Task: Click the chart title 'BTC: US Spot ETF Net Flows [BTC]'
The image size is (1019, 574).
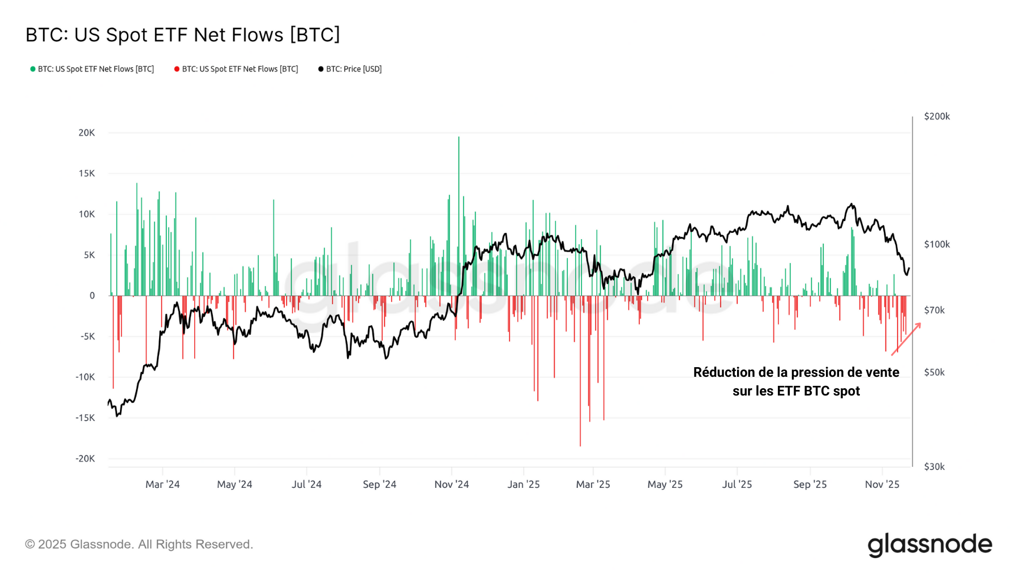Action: coord(182,35)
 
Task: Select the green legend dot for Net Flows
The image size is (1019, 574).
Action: coord(33,69)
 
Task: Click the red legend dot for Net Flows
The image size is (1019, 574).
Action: coord(177,69)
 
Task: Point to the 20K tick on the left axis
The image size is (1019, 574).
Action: coord(87,133)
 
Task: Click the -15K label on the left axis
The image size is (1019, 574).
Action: coord(85,418)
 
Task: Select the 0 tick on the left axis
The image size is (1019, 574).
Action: coord(92,295)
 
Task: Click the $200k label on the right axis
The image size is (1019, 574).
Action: coord(936,116)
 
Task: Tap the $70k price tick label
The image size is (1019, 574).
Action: coord(934,310)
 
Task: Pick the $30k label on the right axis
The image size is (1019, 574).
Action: coord(934,466)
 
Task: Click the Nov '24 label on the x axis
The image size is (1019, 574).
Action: coord(451,484)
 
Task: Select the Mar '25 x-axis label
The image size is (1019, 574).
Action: coord(593,484)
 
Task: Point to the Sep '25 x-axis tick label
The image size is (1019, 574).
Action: coord(810,484)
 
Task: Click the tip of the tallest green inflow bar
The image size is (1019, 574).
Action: coord(459,138)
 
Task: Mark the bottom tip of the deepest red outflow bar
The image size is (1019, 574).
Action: coord(580,445)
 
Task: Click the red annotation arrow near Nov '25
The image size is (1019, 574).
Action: coord(906,339)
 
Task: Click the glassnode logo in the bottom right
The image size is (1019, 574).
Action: coord(930,545)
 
